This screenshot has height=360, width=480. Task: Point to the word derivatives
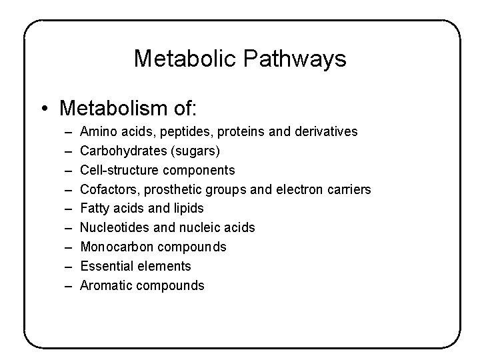pyautogui.click(x=324, y=132)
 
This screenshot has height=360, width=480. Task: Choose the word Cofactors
pyautogui.click(x=106, y=189)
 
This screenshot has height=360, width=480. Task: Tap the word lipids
pyautogui.click(x=188, y=209)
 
